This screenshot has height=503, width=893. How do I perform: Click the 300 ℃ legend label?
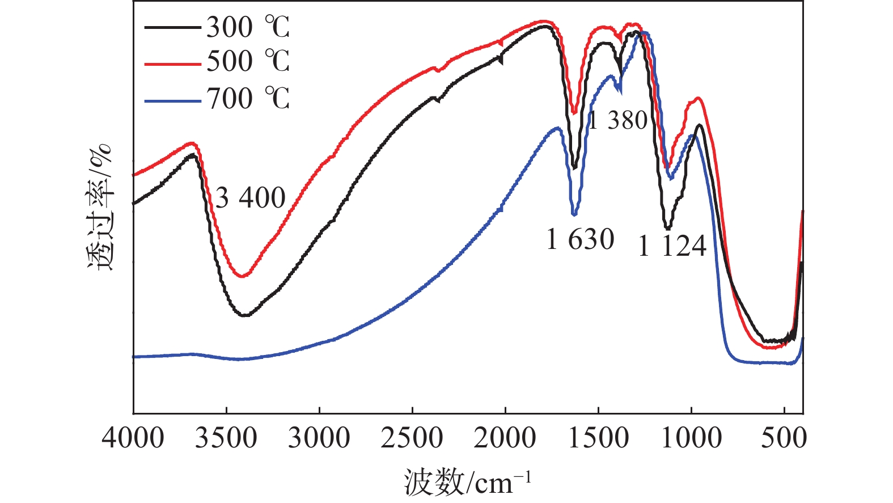248,27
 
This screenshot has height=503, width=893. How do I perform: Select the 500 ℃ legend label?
248,61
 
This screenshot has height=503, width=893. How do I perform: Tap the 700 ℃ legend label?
248,99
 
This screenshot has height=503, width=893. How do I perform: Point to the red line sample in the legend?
173,64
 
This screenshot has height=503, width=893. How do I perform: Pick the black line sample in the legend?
173,27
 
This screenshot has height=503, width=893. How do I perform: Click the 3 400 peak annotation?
250,198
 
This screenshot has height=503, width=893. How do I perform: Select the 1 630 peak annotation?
580,239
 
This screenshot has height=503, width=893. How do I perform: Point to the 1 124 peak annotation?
672,246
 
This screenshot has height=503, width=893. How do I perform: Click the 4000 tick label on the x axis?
133,438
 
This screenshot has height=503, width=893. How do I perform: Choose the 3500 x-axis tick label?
226,438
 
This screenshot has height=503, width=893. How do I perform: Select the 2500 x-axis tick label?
412,438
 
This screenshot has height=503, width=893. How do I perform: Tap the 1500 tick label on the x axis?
598,438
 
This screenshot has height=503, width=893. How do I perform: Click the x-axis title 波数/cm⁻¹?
468,483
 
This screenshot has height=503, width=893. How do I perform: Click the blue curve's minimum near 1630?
574,214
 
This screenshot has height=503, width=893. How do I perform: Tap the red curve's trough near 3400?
243,276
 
